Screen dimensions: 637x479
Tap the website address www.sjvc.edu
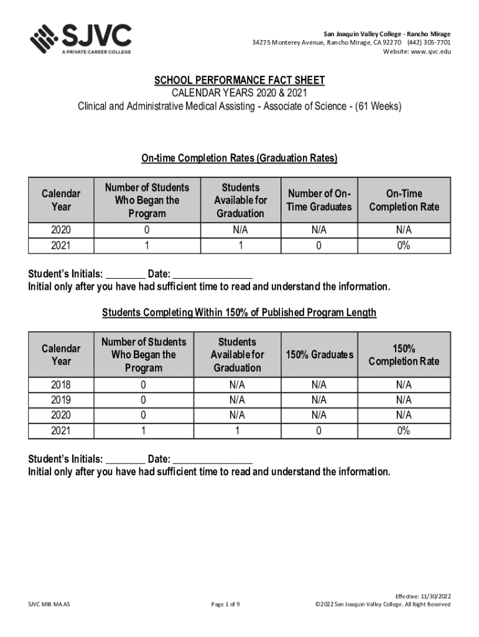(430, 52)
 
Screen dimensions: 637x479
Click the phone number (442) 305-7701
(429, 42)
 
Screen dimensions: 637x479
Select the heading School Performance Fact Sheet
(240, 81)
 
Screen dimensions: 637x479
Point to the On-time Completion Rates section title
(239, 159)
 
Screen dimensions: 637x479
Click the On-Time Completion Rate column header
(404, 200)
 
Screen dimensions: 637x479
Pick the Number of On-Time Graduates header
(319, 200)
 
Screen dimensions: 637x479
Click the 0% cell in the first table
(404, 246)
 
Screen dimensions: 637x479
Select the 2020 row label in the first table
(61, 230)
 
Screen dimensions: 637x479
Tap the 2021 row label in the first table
(61, 246)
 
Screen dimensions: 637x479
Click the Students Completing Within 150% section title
(239, 312)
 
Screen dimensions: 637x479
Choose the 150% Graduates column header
(319, 355)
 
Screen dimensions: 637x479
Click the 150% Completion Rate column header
(404, 355)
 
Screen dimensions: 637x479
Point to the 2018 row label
(61, 385)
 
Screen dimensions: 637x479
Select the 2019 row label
(61, 400)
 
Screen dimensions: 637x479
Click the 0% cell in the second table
(404, 430)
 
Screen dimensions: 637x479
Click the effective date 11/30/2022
(433, 596)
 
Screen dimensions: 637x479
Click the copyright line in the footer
(383, 604)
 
